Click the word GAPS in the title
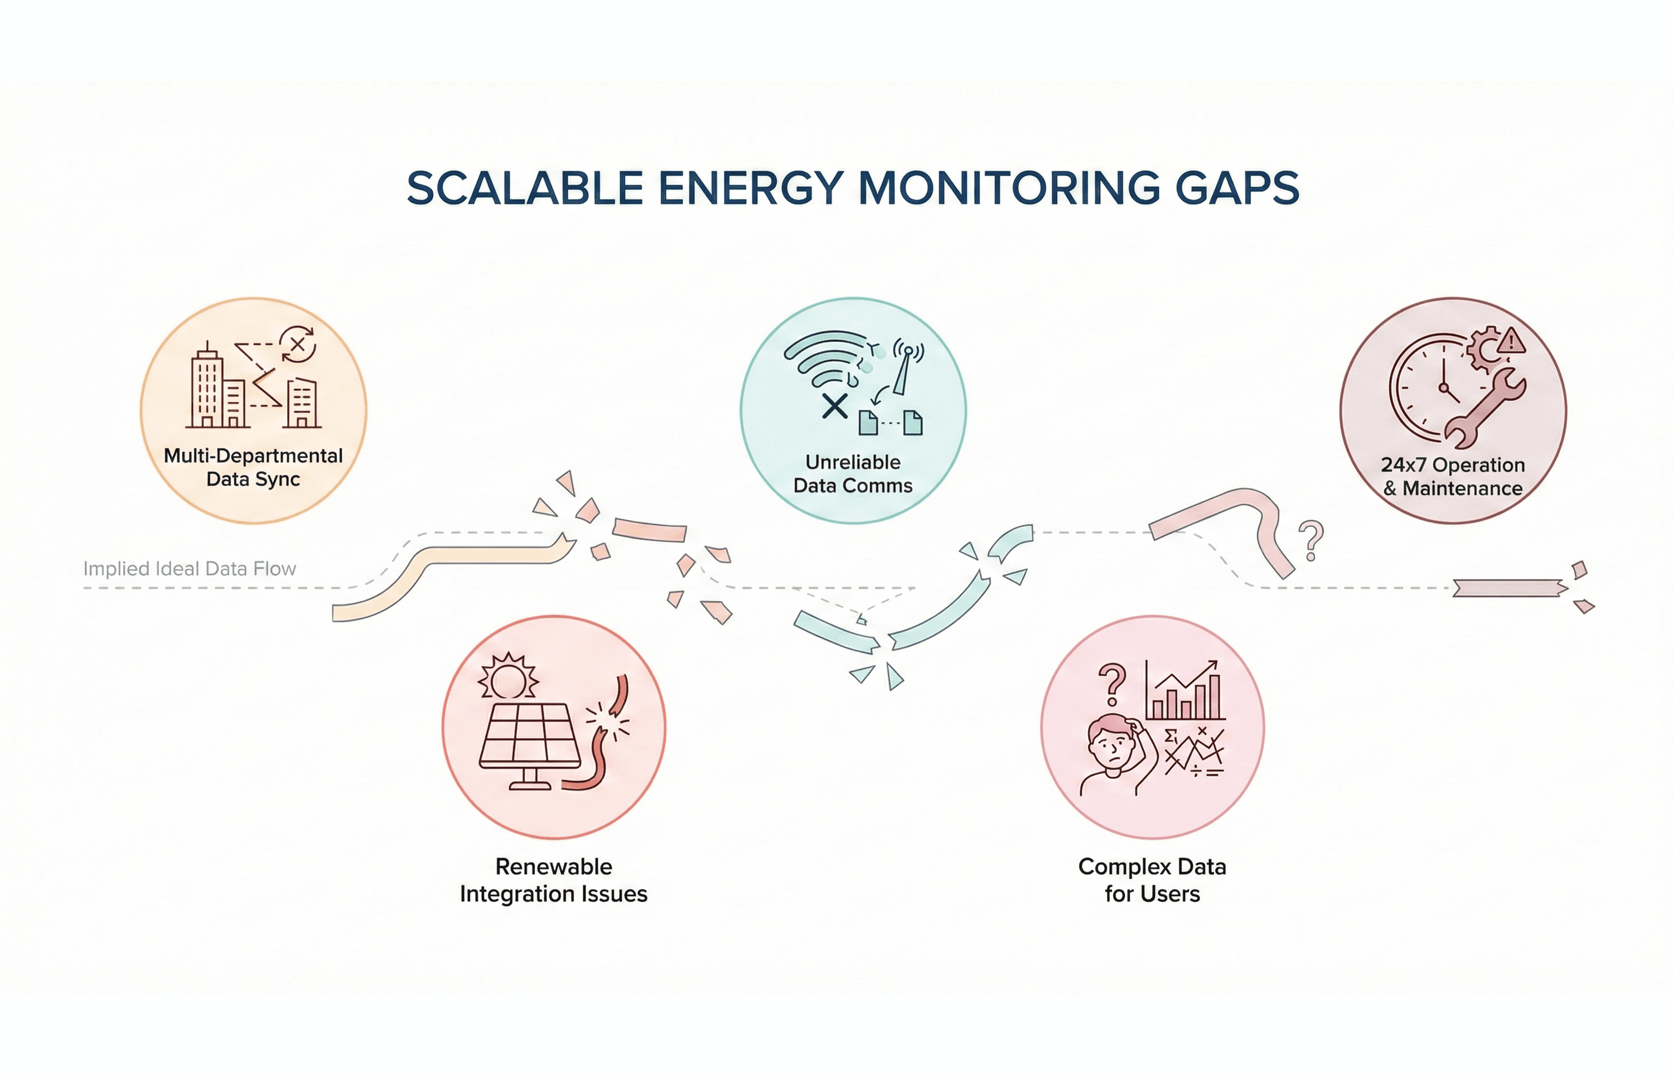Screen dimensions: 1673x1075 coord(1237,188)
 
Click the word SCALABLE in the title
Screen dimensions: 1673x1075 coord(525,188)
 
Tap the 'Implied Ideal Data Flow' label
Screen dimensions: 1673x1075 coord(190,569)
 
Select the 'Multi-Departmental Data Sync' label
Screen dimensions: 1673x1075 coord(253,467)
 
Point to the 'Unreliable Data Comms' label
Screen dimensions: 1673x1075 coord(853,473)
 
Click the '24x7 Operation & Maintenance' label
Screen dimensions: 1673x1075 coord(1453,476)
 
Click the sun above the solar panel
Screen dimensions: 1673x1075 coord(508,676)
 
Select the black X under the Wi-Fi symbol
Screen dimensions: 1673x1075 coord(835,405)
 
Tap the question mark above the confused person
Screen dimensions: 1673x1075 coord(1112,684)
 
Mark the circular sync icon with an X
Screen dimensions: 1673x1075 coord(298,344)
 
